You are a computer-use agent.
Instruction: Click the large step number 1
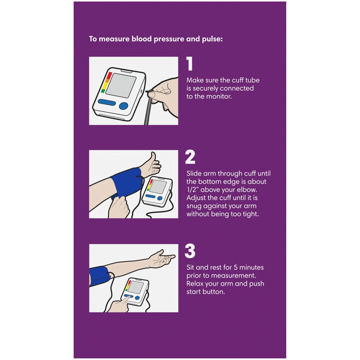(189, 64)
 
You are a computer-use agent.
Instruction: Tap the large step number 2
(190, 157)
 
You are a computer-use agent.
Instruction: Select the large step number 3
(190, 251)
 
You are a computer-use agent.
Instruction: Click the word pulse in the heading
(213, 39)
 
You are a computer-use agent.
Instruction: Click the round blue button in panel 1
(123, 105)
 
